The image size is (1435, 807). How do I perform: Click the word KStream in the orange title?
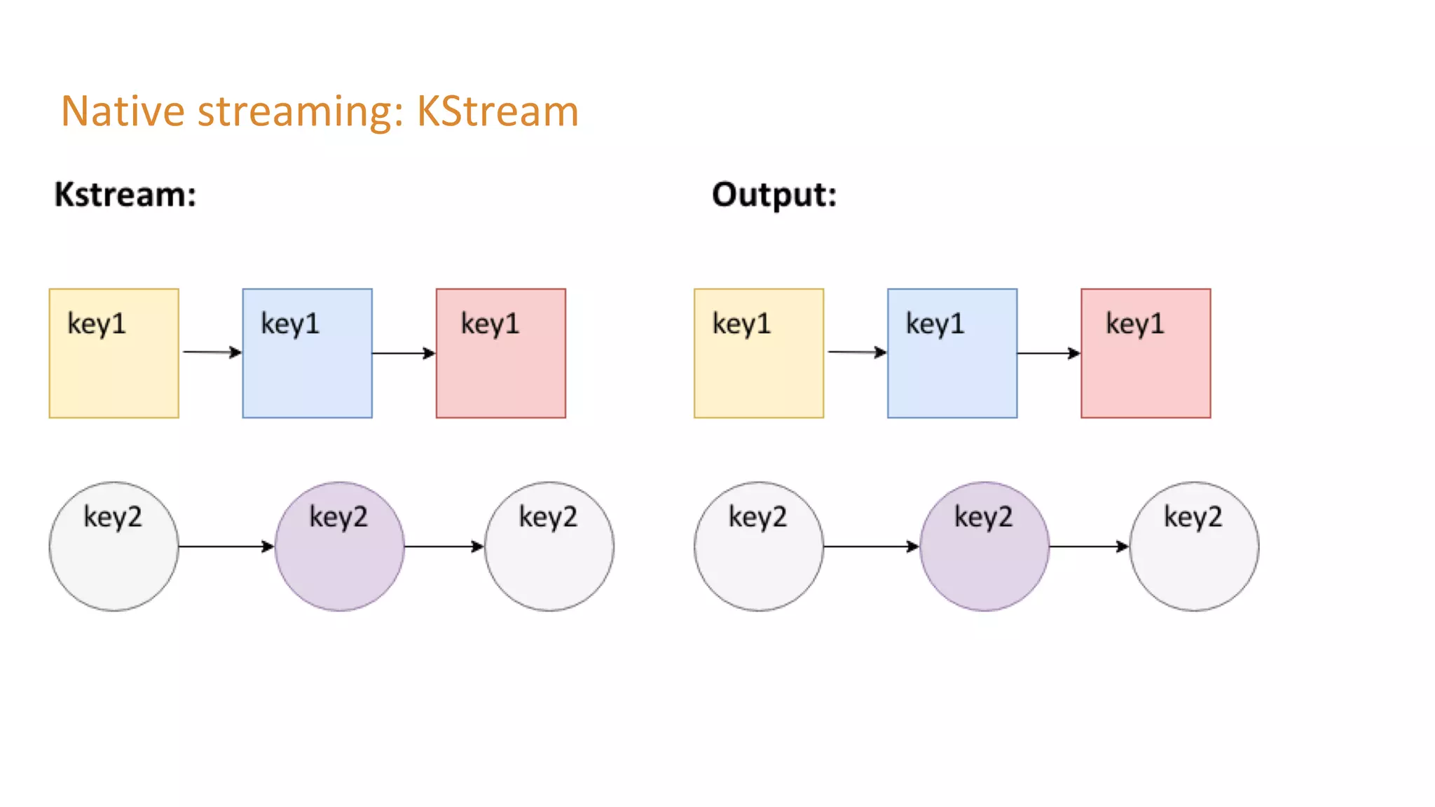click(x=497, y=111)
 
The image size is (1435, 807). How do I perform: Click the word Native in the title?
click(x=123, y=111)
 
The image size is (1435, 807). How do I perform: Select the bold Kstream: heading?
click(x=125, y=195)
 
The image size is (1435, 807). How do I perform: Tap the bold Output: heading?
click(x=774, y=195)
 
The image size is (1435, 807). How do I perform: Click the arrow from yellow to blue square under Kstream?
click(x=211, y=352)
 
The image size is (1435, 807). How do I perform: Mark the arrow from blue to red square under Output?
click(x=1048, y=353)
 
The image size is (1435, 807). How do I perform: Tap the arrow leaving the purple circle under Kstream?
click(x=444, y=546)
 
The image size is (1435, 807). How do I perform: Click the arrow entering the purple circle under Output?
click(x=871, y=546)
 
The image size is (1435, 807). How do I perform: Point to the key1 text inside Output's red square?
click(x=1135, y=324)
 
